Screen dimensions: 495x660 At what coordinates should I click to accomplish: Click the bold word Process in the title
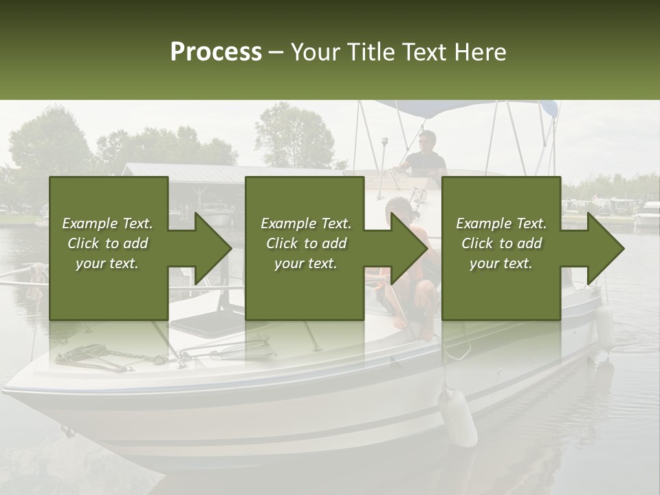tap(216, 52)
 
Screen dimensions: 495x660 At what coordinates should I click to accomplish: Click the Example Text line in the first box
tap(107, 223)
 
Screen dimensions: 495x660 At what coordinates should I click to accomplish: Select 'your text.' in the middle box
tap(305, 263)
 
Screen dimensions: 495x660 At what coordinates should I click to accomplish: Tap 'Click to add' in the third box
tap(501, 243)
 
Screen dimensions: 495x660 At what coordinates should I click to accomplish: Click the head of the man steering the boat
tap(428, 140)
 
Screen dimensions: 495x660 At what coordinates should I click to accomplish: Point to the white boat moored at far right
tap(646, 219)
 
